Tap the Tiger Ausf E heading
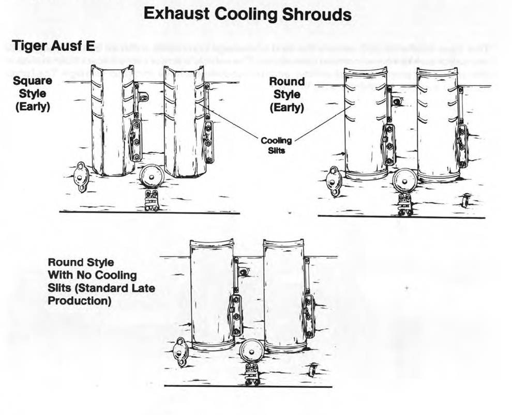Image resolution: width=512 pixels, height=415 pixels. pos(53,46)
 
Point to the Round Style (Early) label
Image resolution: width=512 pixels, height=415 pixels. pos(287,95)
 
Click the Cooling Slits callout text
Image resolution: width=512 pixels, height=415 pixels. pos(276,145)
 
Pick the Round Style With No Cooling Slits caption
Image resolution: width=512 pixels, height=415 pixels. pos(100,281)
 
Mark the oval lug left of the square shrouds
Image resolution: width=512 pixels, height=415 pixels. pos(81,176)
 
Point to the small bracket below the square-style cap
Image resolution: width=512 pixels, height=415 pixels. pos(151,201)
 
